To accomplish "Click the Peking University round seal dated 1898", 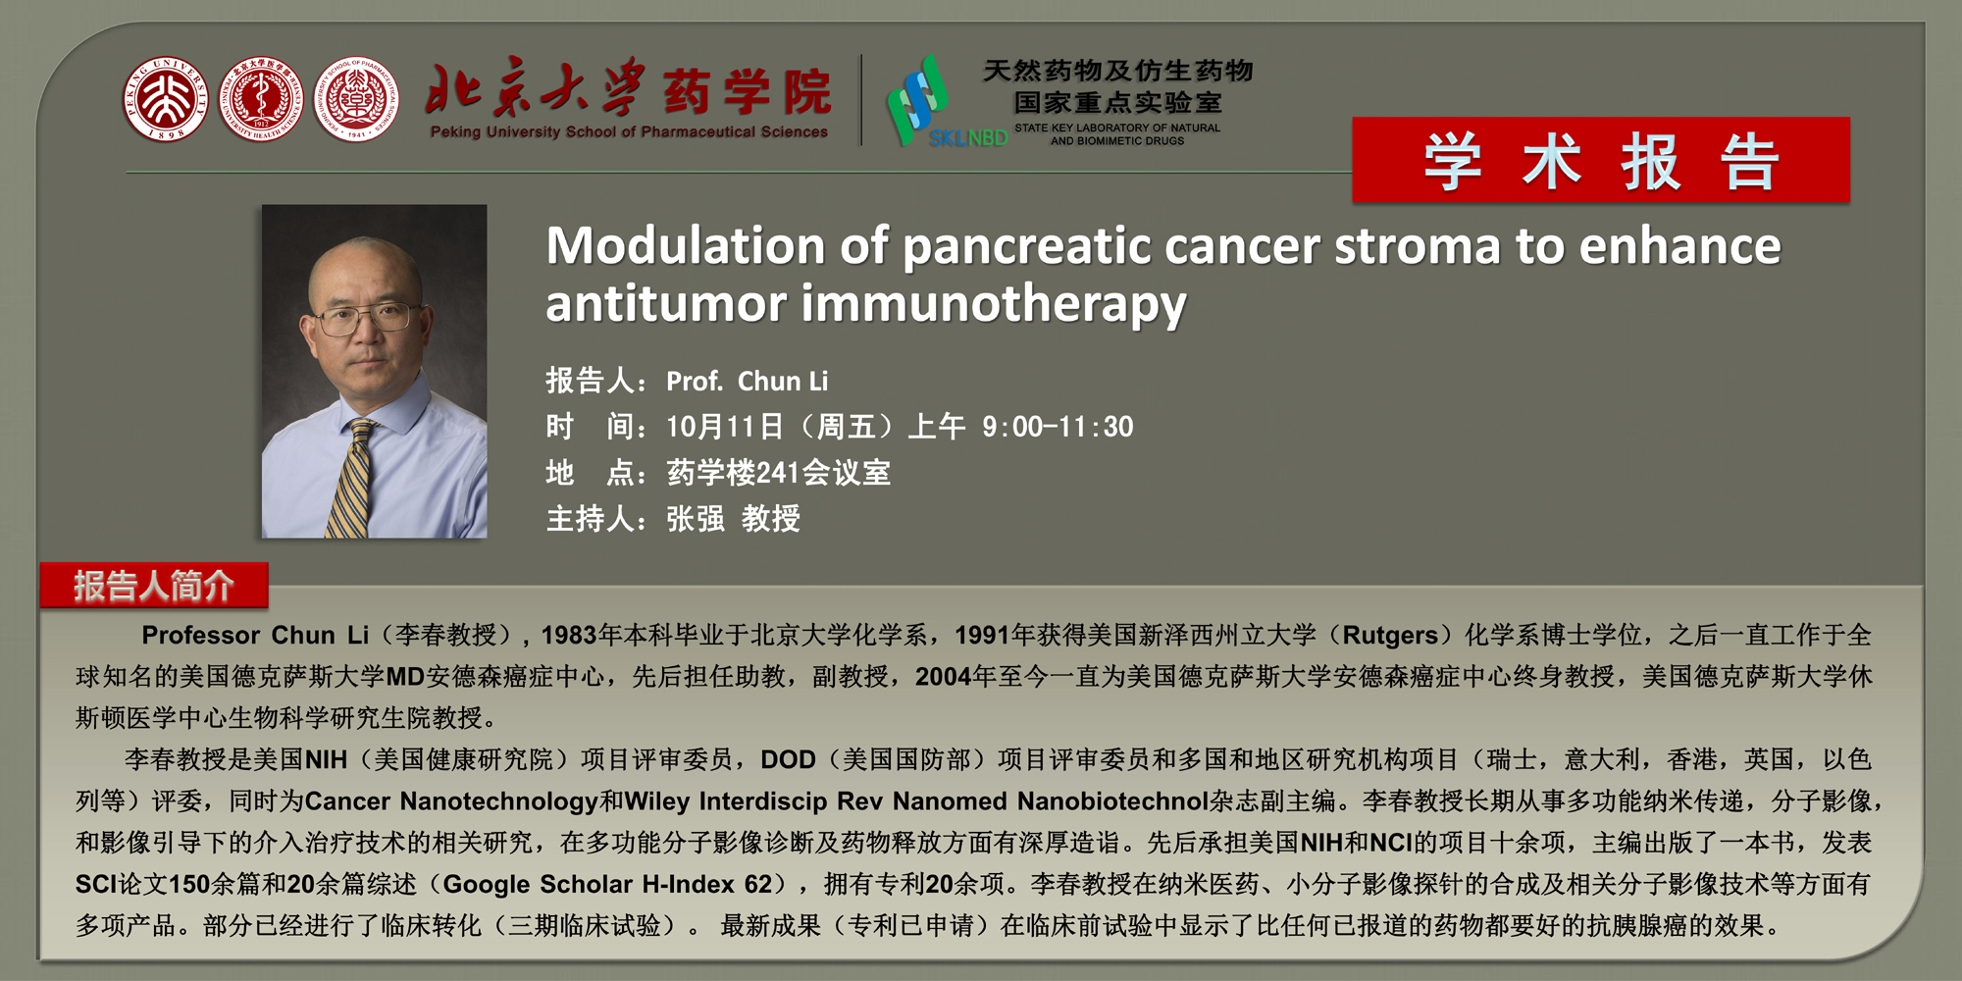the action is pos(165,99).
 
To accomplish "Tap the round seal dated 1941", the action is pos(356,99).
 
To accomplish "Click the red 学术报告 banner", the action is pos(1601,160).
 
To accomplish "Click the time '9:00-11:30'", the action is pos(1058,427).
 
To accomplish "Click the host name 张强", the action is pos(695,518).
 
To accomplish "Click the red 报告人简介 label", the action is pos(154,586).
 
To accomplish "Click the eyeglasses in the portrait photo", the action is pos(365,317).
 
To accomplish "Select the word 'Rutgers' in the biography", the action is pos(1390,635).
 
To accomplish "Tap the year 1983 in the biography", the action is pos(569,635).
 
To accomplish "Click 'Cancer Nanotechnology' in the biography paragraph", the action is pos(451,801).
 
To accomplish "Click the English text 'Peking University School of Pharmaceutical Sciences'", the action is pos(629,131).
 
